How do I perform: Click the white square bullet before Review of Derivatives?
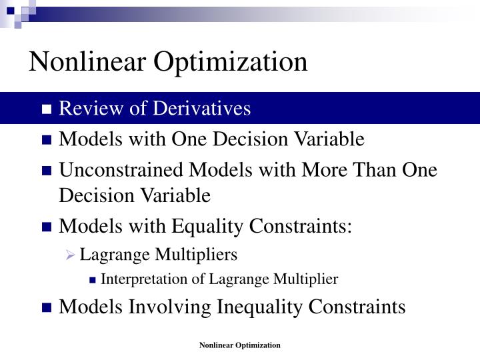coord(47,110)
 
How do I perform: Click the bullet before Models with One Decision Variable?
coord(47,141)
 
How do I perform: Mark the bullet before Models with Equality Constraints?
coord(47,228)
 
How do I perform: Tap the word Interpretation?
coord(139,279)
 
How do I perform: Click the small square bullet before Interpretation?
coord(93,280)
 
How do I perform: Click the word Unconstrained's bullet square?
coord(47,171)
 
